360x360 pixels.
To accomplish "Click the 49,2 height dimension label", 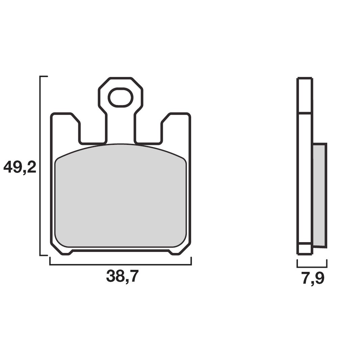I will point(20,167).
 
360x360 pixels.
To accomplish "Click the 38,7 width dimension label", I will point(122,277).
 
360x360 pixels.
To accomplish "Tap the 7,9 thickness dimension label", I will point(313,279).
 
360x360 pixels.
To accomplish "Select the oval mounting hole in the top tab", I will point(120,98).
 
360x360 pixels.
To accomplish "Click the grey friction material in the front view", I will point(121,196).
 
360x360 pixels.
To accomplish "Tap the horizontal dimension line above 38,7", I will point(121,265).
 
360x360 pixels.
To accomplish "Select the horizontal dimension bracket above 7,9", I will point(312,267).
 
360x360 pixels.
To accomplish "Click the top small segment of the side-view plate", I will point(305,95).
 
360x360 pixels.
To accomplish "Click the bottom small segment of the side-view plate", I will point(305,248).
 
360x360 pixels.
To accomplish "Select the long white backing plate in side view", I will point(305,178).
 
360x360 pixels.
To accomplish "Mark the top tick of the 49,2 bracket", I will point(44,77).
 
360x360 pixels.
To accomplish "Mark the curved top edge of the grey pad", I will point(121,145).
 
